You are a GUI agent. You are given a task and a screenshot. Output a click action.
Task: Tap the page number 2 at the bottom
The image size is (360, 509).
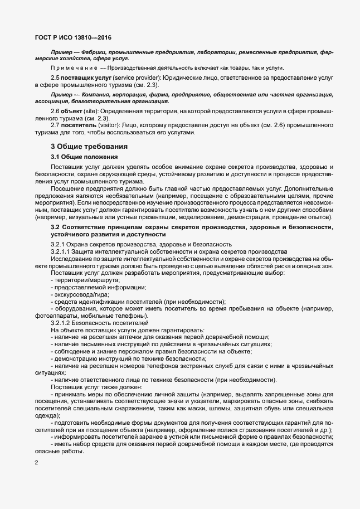coord(36,463)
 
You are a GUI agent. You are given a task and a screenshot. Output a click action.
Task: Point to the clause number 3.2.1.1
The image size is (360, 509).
coord(61,253)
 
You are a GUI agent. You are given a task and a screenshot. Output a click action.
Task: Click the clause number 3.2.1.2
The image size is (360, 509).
coord(61,323)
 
